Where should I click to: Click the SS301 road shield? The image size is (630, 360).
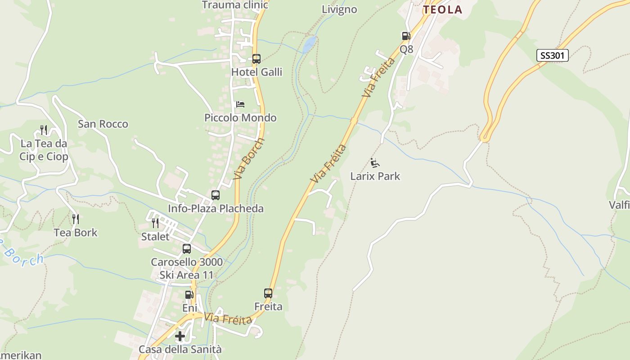pos(553,55)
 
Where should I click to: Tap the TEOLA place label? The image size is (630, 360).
pos(442,9)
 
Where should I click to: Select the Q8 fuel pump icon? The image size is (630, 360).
pos(406,36)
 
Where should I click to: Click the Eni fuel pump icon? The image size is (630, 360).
pos(189,295)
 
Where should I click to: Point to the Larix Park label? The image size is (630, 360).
pos(375,176)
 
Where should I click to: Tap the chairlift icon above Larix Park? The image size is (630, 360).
pos(374,162)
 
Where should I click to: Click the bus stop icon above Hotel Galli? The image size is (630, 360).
pos(256,59)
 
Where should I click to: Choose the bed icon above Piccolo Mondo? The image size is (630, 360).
pos(240,104)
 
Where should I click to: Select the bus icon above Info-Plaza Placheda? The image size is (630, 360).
pos(216,195)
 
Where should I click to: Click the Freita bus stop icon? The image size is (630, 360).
pos(268,293)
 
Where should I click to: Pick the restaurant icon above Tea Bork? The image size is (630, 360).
pos(76,219)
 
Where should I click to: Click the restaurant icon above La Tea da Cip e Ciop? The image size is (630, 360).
pos(44,130)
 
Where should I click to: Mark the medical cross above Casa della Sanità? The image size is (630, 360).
pos(180,336)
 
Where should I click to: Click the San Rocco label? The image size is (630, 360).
pos(103,124)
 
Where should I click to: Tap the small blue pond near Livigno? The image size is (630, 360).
pos(309,44)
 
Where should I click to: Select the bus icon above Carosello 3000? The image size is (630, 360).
pos(187,249)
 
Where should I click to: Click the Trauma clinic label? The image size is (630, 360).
pos(235,5)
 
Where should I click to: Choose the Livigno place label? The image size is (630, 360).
pos(339,9)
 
